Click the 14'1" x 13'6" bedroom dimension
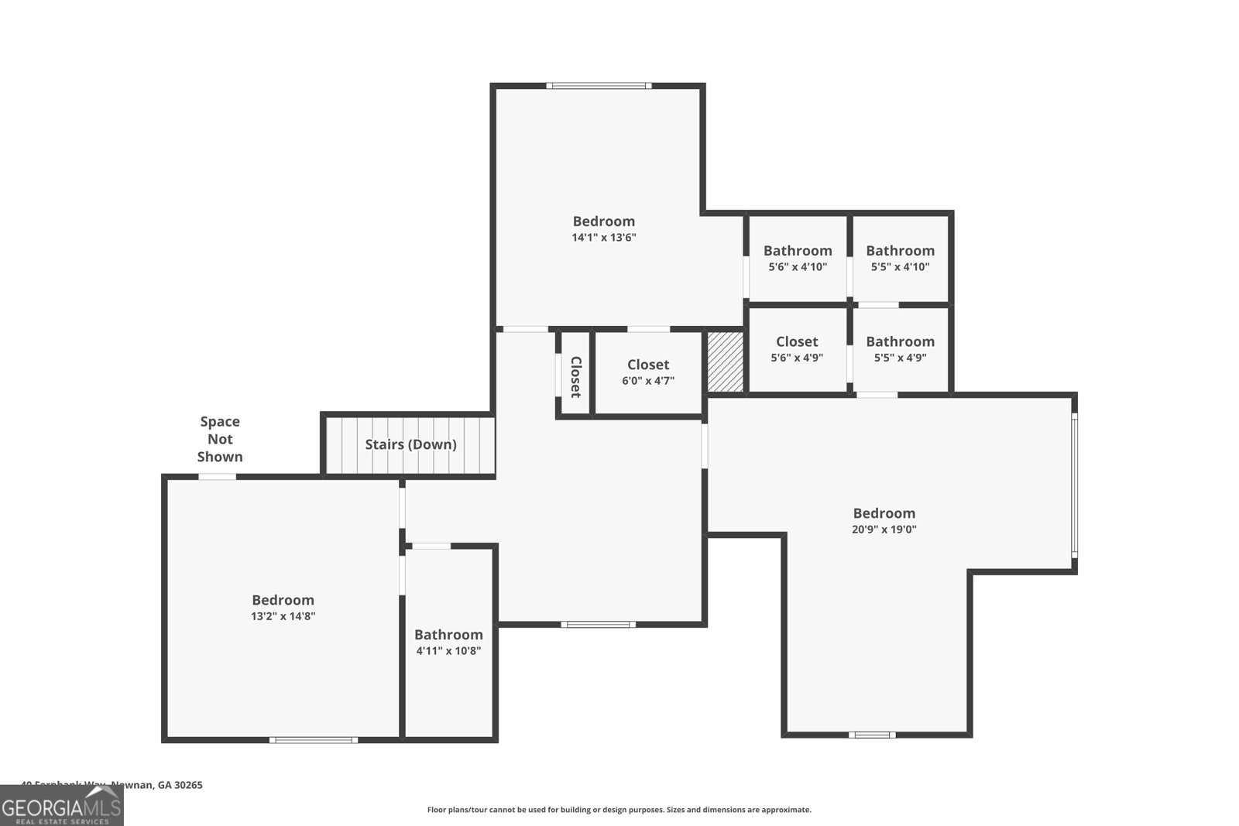tap(603, 238)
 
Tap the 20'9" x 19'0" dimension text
tap(884, 530)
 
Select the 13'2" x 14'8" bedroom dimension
tap(283, 616)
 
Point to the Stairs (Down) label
tap(410, 444)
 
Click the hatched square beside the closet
tap(726, 362)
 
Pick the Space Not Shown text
tap(220, 439)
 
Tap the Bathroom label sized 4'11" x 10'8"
tap(448, 635)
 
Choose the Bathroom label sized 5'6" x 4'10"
tap(798, 251)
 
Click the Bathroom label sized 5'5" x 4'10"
tap(900, 251)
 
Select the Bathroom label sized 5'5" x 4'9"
tap(900, 341)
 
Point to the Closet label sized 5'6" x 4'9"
tap(797, 341)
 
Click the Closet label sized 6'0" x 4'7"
tap(648, 365)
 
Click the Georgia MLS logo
tap(61, 807)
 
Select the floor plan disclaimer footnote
tap(619, 810)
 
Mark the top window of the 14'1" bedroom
tap(599, 86)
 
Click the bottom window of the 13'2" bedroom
tap(314, 740)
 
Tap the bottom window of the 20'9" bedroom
tap(872, 735)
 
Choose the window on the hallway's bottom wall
tap(599, 624)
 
